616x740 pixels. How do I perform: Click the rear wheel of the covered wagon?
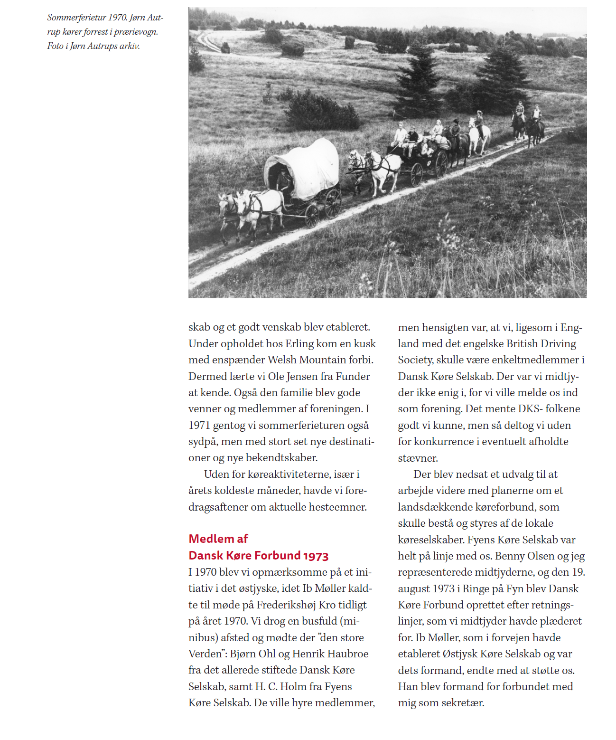coord(333,203)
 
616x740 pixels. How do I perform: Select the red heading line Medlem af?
coord(218,539)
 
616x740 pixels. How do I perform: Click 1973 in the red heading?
coord(316,556)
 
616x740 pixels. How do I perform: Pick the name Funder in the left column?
coord(353,376)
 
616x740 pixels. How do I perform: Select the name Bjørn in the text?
coord(244,654)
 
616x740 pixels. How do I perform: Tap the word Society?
coord(415,360)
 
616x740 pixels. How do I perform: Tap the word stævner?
coord(418,458)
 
